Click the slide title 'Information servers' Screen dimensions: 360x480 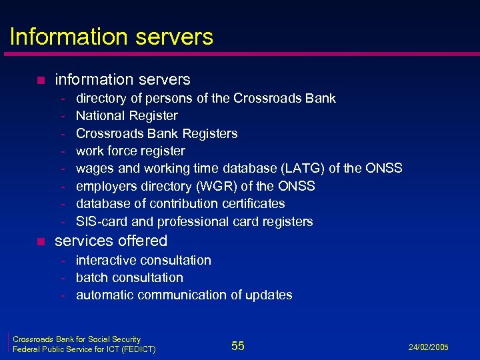(111, 36)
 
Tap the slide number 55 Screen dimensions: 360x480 (238, 345)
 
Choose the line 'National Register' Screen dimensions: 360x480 (127, 116)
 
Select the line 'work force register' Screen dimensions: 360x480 (131, 151)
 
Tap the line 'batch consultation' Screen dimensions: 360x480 (129, 277)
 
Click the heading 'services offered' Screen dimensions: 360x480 (111, 241)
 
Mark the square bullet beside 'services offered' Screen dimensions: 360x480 (41, 241)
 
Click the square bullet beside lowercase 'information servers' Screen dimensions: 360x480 (41, 81)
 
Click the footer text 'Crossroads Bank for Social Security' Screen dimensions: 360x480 (77, 339)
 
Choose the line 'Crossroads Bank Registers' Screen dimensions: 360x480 (157, 133)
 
